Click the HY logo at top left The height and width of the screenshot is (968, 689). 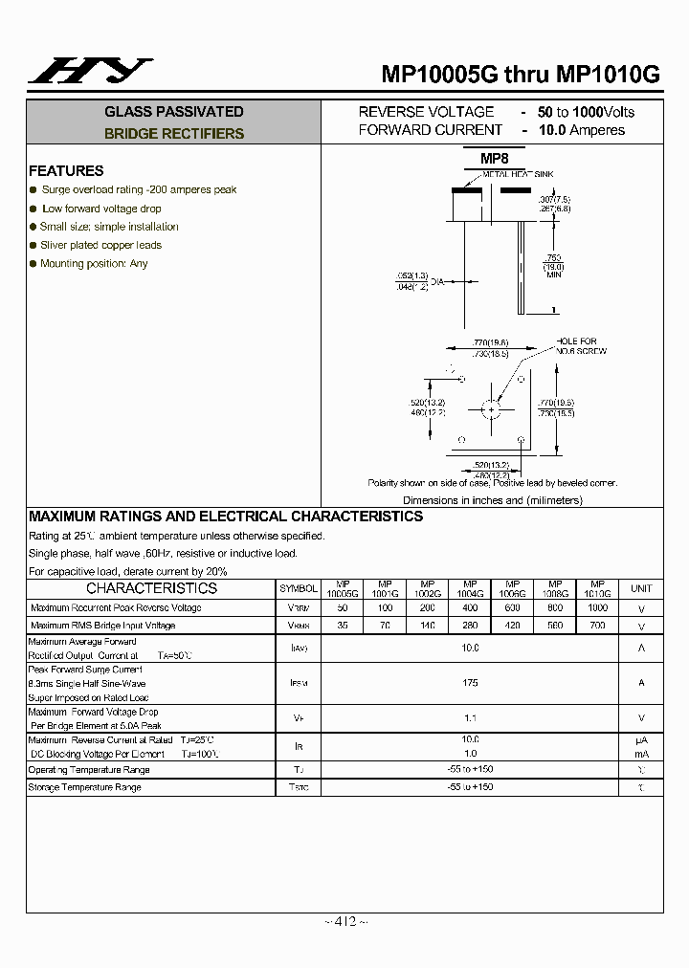click(x=87, y=71)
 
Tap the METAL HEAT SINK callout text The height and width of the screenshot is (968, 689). click(x=518, y=174)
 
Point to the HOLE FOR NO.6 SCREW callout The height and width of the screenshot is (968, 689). click(x=576, y=346)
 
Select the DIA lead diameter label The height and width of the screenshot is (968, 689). click(x=437, y=282)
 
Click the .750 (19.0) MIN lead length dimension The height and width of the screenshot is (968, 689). click(x=553, y=265)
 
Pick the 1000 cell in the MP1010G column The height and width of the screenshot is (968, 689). click(x=597, y=608)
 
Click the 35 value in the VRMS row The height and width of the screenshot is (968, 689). click(x=343, y=626)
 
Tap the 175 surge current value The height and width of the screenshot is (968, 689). click(x=470, y=683)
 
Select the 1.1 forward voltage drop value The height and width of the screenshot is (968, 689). click(x=470, y=717)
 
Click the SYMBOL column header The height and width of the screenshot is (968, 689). click(x=299, y=589)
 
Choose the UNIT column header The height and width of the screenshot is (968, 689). click(x=641, y=589)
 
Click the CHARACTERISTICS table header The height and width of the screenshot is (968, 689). click(x=152, y=589)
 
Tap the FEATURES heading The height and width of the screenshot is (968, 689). click(x=66, y=171)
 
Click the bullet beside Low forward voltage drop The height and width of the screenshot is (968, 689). click(x=33, y=209)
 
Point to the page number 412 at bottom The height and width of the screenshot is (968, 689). click(x=344, y=922)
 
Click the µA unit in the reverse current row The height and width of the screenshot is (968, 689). click(x=641, y=740)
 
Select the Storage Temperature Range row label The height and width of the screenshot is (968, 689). click(x=85, y=788)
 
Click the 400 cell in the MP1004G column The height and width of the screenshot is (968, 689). click(x=470, y=608)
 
